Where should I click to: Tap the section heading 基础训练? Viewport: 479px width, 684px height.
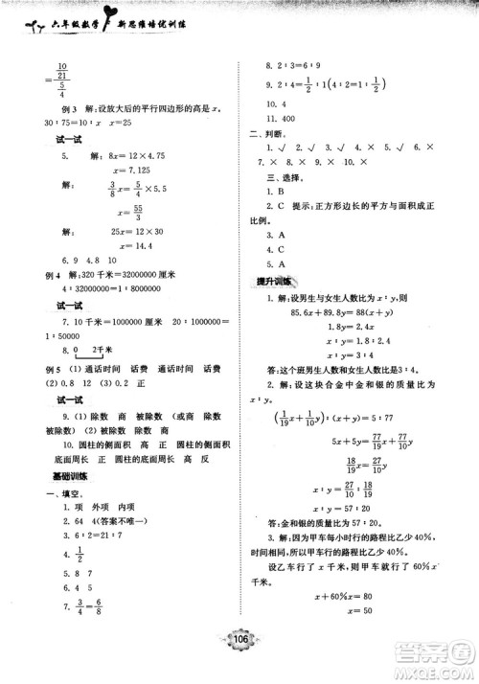tap(70, 476)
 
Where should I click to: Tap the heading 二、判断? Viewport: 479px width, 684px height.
tap(271, 147)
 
